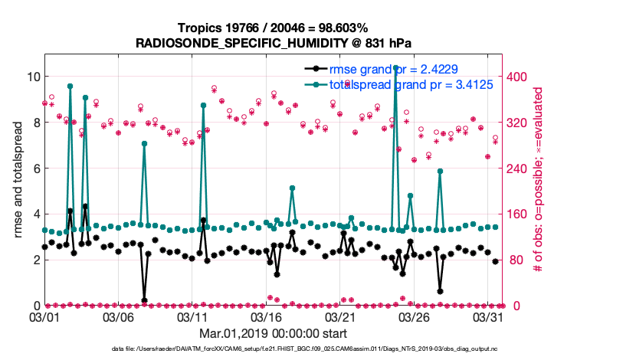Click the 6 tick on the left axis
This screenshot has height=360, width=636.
34,169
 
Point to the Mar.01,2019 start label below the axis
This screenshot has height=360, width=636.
273,333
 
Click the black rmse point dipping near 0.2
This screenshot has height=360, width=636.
144,300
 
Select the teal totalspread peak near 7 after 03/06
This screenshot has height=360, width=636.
144,143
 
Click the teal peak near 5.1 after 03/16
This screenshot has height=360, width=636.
292,188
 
